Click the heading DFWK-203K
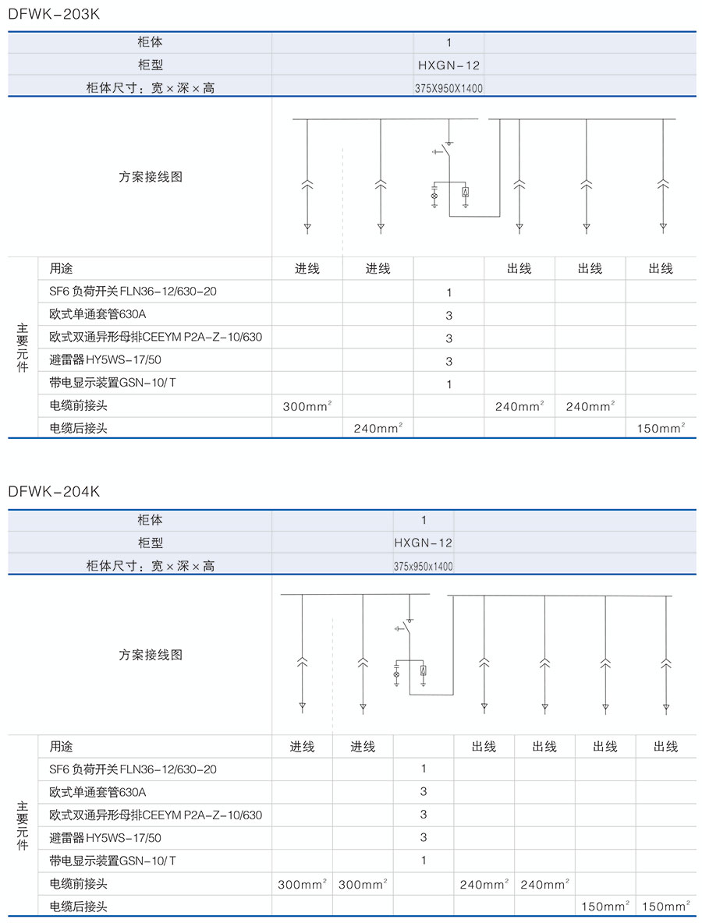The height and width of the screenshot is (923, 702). pyautogui.click(x=54, y=14)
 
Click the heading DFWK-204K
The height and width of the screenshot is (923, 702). pyautogui.click(x=54, y=492)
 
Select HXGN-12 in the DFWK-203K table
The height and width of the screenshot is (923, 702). pyautogui.click(x=448, y=65)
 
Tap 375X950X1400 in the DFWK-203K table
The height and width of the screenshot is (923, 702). pyautogui.click(x=448, y=88)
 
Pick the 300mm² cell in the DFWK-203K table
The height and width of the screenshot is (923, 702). pyautogui.click(x=307, y=406)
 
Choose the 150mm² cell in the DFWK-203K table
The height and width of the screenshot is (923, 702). pyautogui.click(x=661, y=428)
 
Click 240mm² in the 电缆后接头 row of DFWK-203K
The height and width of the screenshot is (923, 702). pyautogui.click(x=378, y=428)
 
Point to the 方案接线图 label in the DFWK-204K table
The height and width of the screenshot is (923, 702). pyautogui.click(x=151, y=655)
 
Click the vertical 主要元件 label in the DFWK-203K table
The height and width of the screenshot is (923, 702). pyautogui.click(x=23, y=348)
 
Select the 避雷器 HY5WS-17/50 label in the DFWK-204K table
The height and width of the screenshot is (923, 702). pyautogui.click(x=105, y=838)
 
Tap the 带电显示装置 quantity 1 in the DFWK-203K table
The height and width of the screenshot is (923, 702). pyautogui.click(x=449, y=384)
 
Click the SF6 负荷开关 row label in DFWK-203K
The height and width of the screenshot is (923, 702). pyautogui.click(x=133, y=292)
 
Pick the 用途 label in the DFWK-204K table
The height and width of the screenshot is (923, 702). pyautogui.click(x=61, y=747)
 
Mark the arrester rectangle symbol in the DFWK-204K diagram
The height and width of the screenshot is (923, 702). pyautogui.click(x=423, y=671)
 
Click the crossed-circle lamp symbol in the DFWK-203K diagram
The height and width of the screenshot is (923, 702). pyautogui.click(x=434, y=197)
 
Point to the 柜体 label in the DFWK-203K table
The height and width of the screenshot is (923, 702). pyautogui.click(x=150, y=43)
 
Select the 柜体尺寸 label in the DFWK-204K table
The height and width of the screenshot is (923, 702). pyautogui.click(x=150, y=566)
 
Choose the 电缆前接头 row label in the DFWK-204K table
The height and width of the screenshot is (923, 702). pyautogui.click(x=78, y=884)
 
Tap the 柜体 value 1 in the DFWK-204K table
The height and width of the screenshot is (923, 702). pyautogui.click(x=424, y=520)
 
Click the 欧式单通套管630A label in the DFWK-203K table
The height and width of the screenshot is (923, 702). pyautogui.click(x=97, y=315)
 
